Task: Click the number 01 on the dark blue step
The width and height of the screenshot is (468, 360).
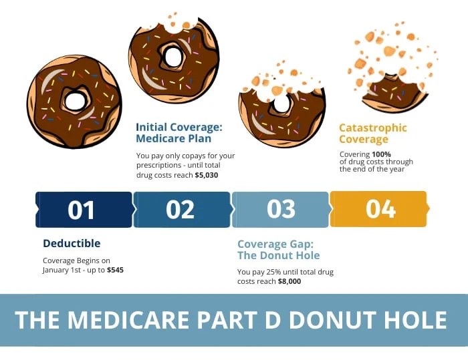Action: [81, 210]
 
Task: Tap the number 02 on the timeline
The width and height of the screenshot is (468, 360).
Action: [181, 209]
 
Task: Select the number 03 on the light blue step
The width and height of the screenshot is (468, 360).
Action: [281, 209]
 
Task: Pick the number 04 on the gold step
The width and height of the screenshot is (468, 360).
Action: [381, 208]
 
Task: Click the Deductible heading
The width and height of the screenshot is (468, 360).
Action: [72, 243]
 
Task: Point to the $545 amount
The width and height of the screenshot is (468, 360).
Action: [115, 270]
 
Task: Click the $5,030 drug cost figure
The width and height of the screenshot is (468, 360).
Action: [207, 175]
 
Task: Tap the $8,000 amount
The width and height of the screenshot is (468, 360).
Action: [289, 281]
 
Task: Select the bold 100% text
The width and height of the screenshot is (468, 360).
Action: [381, 154]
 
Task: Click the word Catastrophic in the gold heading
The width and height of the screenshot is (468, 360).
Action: [373, 128]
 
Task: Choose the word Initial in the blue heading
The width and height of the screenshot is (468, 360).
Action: [151, 127]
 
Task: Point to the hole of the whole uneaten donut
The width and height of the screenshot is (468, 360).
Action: [75, 102]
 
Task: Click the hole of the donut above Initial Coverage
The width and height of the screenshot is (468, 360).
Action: [172, 57]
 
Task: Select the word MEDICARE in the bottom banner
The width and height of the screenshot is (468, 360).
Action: [128, 320]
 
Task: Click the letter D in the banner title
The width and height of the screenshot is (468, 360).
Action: [273, 320]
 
